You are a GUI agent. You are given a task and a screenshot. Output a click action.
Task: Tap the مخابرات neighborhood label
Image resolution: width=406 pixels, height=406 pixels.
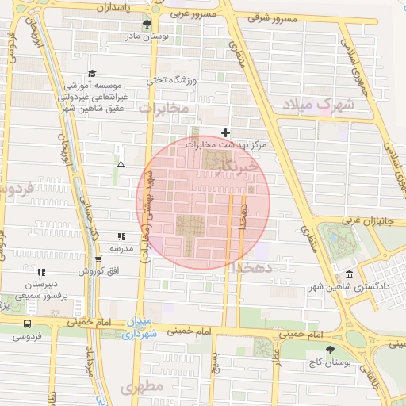click(x=163, y=106)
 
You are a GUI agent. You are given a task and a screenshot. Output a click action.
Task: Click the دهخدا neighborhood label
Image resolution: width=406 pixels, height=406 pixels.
click(x=253, y=268)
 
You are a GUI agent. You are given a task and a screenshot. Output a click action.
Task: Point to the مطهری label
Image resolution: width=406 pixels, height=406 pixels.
click(x=142, y=387)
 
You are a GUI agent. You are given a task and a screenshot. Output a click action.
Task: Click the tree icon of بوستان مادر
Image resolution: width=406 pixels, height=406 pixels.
click(x=147, y=24)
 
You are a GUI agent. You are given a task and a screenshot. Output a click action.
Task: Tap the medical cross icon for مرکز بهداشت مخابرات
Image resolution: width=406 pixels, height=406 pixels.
click(x=226, y=132)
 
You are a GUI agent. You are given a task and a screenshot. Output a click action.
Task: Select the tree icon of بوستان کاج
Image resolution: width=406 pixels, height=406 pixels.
click(x=331, y=350)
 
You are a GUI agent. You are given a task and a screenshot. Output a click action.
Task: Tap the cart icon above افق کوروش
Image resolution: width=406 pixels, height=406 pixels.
click(x=98, y=259)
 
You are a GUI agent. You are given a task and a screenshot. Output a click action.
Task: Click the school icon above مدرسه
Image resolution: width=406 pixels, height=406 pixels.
click(x=121, y=236)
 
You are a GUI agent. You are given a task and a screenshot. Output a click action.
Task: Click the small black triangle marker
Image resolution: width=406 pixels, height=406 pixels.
click(x=121, y=164)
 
